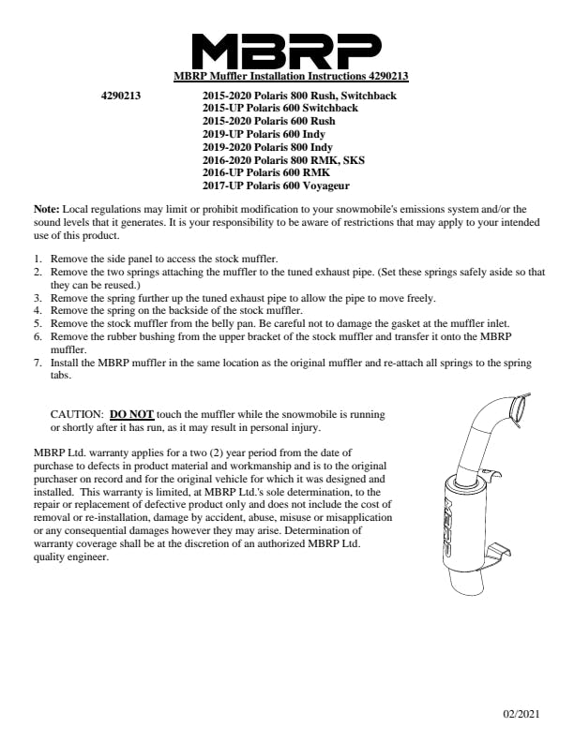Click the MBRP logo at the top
(x=286, y=49)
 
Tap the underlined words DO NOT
(x=131, y=414)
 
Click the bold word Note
(x=46, y=208)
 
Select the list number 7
(x=38, y=362)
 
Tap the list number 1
(x=38, y=258)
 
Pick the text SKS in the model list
(x=352, y=160)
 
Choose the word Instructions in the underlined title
(x=306, y=76)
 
